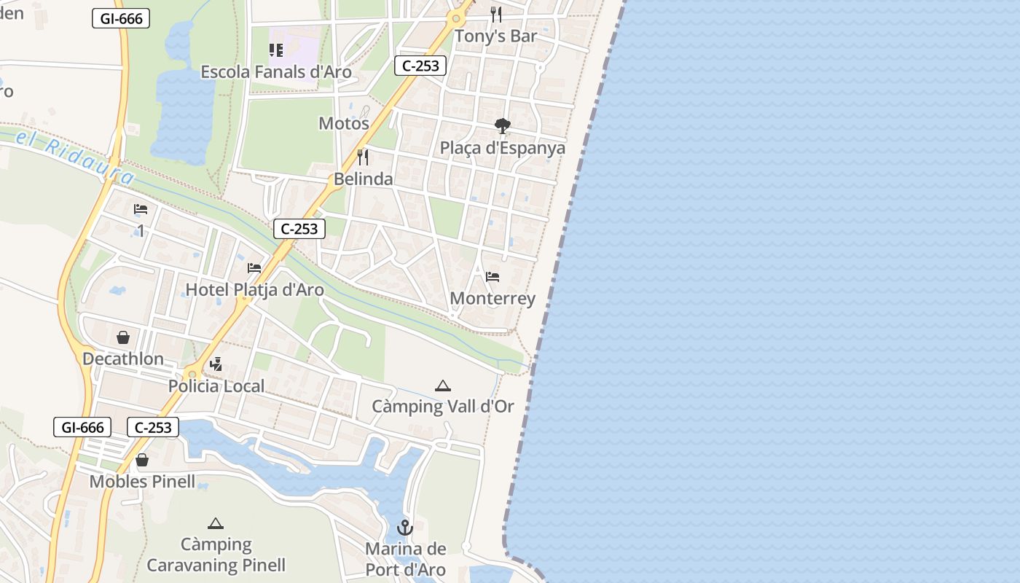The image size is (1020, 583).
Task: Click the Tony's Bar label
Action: click(495, 36)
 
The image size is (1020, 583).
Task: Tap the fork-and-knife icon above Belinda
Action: click(363, 157)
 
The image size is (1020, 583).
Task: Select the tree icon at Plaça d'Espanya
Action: click(502, 126)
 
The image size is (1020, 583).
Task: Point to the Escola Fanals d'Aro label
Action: click(275, 72)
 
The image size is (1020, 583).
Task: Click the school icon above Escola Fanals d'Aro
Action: click(275, 50)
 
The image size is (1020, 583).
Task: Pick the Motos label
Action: click(344, 123)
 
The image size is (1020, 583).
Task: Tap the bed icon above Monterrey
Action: click(493, 277)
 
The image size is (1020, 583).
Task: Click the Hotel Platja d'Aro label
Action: click(254, 289)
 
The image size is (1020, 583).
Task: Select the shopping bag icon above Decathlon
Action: click(123, 337)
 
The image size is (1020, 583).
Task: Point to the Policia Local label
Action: click(216, 386)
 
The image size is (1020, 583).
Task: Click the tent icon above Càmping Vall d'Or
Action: click(442, 386)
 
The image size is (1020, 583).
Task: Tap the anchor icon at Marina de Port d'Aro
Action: click(404, 528)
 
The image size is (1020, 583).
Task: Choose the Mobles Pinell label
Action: click(142, 482)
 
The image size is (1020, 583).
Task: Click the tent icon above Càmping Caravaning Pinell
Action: click(215, 523)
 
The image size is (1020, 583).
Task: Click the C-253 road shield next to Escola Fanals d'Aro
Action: click(420, 66)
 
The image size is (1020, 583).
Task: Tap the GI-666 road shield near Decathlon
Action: click(82, 427)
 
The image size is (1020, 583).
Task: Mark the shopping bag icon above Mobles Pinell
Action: click(142, 460)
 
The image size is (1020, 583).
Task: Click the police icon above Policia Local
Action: click(216, 364)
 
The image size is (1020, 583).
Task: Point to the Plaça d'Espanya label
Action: click(502, 148)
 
